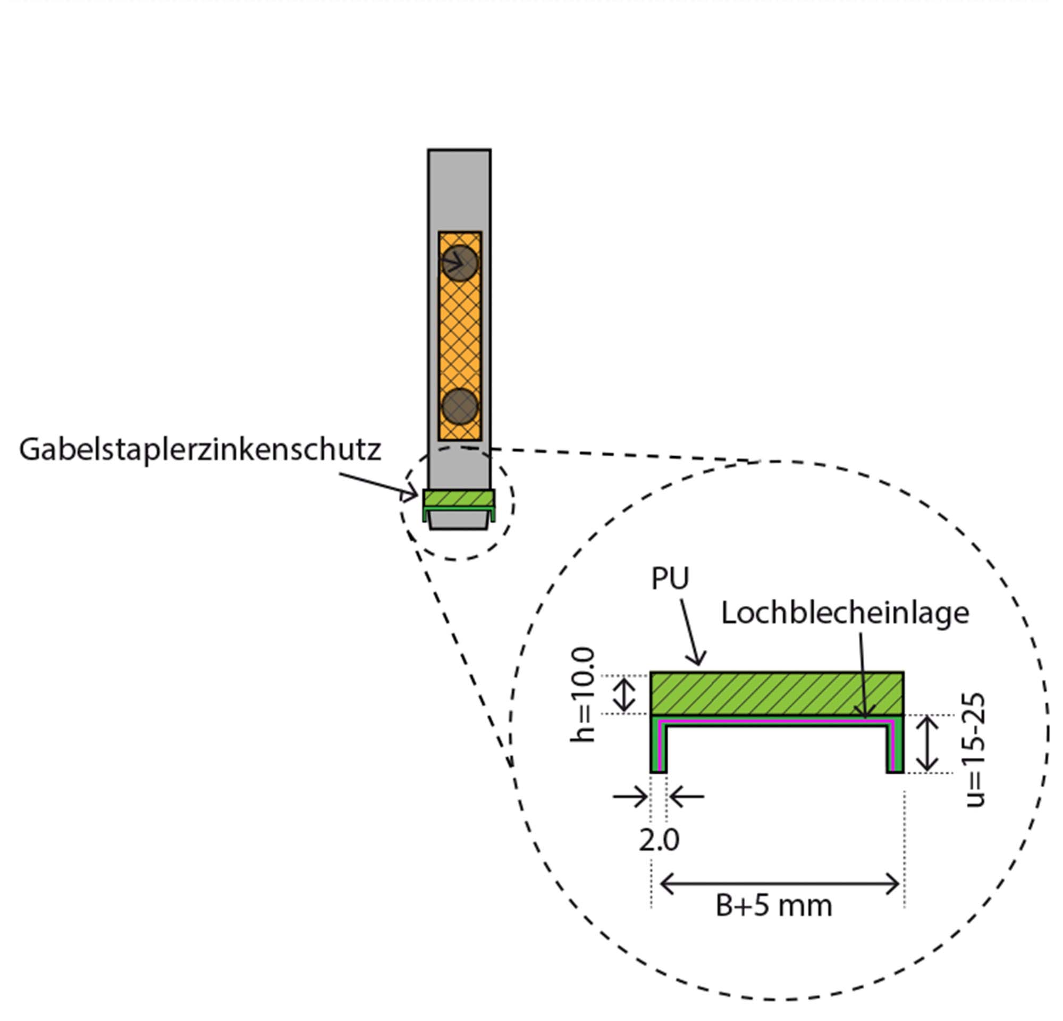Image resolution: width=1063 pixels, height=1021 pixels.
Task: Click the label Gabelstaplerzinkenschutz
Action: tap(200, 450)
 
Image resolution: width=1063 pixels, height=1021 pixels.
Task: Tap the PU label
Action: tap(670, 579)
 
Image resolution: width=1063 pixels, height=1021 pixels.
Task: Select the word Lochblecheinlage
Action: tap(845, 614)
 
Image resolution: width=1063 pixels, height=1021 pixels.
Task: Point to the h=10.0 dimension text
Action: tap(584, 695)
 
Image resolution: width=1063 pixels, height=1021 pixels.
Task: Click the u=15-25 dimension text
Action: tap(975, 751)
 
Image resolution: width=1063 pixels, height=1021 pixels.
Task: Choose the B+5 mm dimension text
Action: tap(774, 906)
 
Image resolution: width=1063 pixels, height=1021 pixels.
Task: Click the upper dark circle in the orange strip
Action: tap(459, 263)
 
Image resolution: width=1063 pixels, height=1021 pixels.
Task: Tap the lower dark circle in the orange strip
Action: tap(460, 406)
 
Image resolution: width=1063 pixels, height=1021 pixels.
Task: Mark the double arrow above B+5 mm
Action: tap(779, 884)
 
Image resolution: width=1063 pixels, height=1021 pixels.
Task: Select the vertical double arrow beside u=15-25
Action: tap(927, 743)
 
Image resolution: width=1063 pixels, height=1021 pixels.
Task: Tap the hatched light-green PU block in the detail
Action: tap(777, 693)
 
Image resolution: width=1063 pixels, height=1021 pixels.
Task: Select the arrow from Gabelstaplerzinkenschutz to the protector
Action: tap(379, 484)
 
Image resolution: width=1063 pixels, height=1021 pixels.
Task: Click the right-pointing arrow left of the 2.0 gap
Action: tap(631, 797)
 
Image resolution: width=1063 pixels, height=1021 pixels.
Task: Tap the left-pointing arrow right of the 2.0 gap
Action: tap(687, 797)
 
